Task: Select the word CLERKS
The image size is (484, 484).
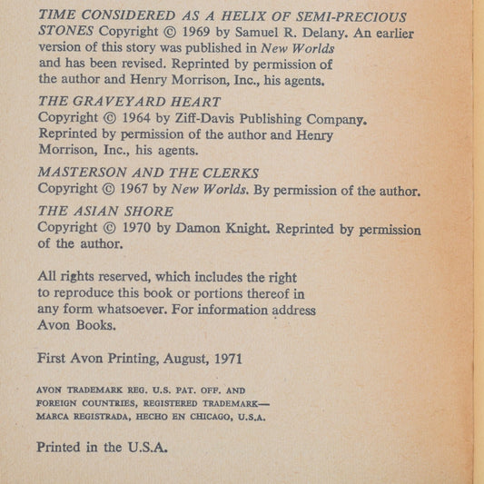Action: [229, 173]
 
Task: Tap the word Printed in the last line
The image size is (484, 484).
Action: [60, 448]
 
